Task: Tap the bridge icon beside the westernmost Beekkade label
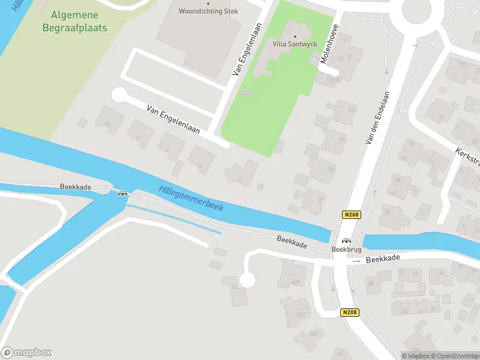pos(123,193)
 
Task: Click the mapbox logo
pos(26,352)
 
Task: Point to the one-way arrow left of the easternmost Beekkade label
pos(356,262)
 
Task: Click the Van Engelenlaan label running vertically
pos(248,49)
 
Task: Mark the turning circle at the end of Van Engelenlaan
pos(119,95)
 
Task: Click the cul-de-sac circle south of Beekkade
pos(247,280)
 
